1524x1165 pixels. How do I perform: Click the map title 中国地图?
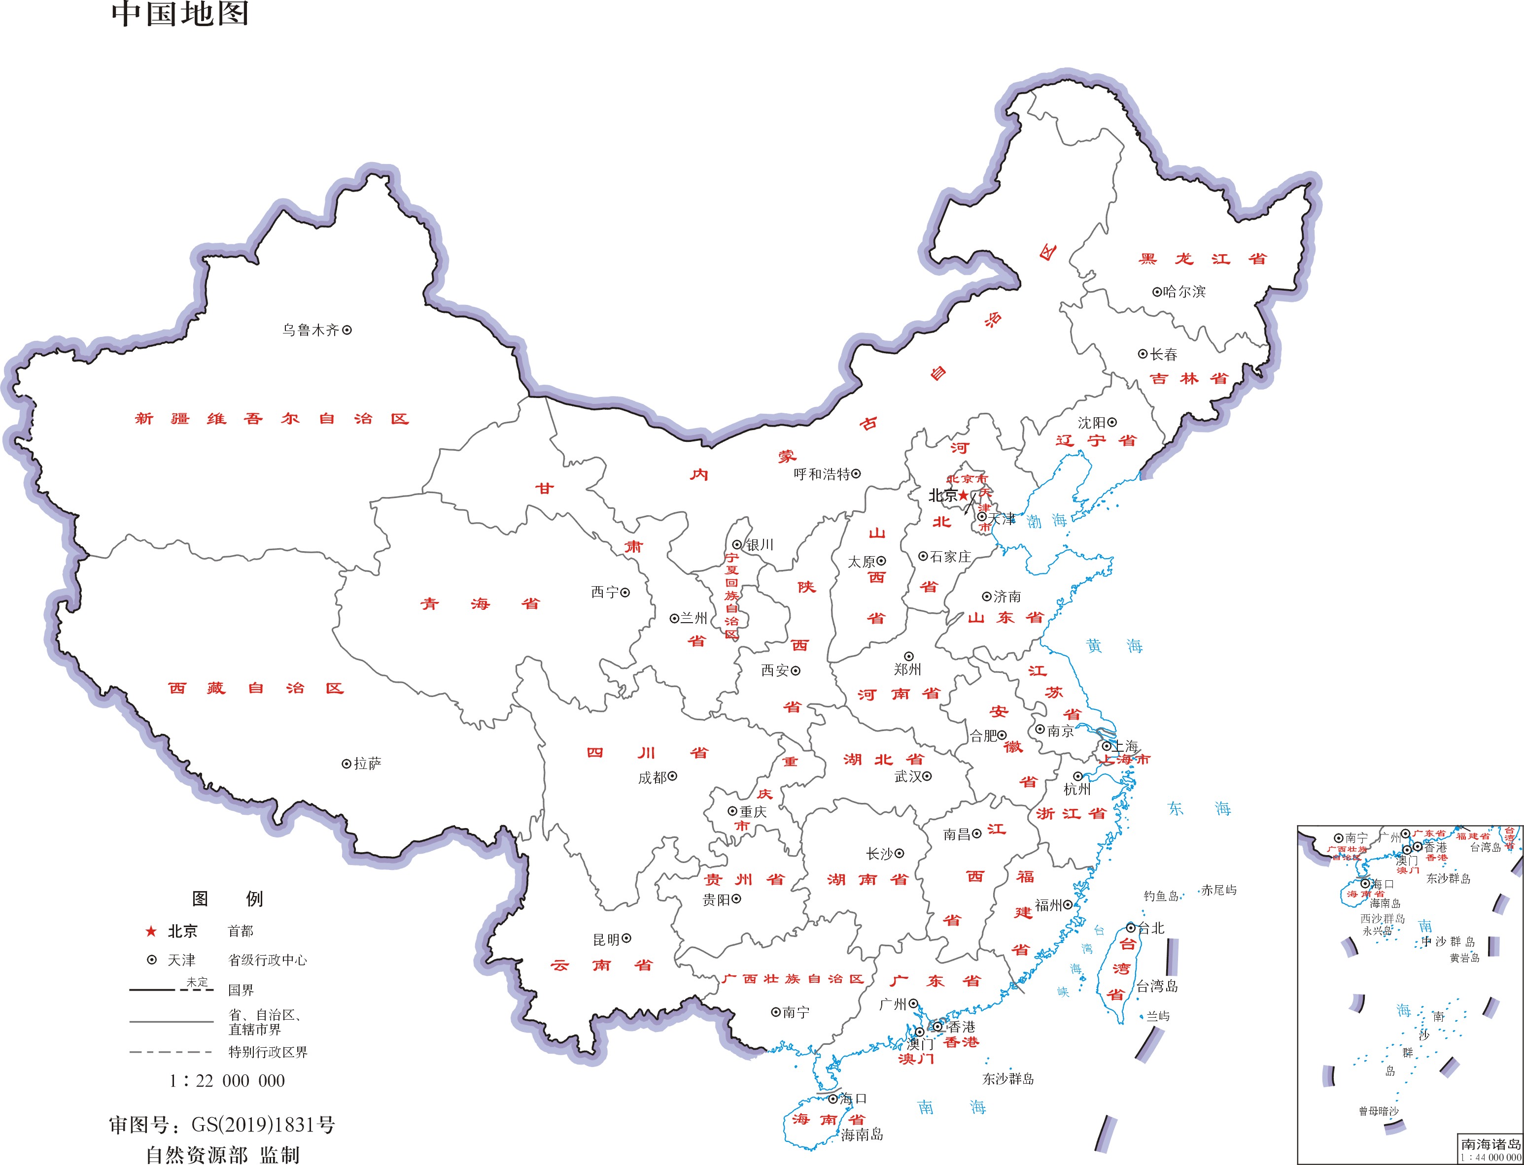[x=180, y=14]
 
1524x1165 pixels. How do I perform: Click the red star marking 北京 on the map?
[x=964, y=495]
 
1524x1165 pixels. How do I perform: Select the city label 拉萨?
[x=368, y=764]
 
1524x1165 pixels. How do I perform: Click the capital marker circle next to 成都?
[x=672, y=777]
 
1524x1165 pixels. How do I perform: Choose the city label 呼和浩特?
[x=822, y=474]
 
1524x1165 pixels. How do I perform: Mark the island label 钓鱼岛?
[x=1161, y=896]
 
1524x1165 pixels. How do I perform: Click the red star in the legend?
[x=150, y=932]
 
